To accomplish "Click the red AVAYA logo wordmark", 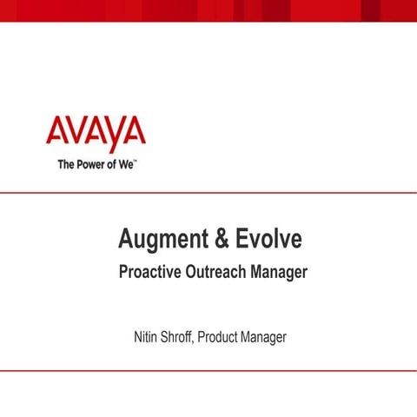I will tap(96, 133).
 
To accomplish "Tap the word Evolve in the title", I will tap(267, 237).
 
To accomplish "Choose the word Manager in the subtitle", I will tap(278, 272).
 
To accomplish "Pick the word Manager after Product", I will tap(264, 335).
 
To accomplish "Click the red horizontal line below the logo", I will tap(208, 193).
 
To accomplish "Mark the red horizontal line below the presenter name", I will tap(208, 370).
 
